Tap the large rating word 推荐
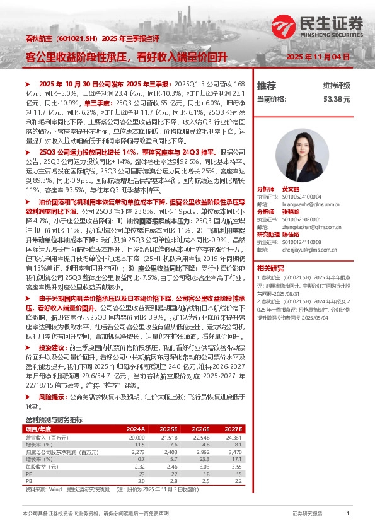267,85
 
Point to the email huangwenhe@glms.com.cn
309,204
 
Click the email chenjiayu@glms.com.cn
307,250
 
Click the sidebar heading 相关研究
270,267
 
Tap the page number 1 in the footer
348,514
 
